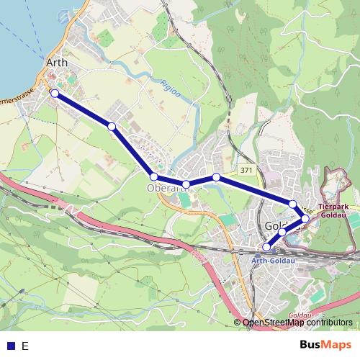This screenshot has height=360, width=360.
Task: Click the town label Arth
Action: pyautogui.click(x=56, y=63)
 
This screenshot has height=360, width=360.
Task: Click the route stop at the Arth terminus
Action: pyautogui.click(x=54, y=93)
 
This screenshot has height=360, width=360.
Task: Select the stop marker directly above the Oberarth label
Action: pyautogui.click(x=154, y=176)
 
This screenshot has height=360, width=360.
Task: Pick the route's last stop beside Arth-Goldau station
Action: pyautogui.click(x=267, y=247)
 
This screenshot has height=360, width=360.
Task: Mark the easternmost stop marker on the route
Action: pyautogui.click(x=305, y=218)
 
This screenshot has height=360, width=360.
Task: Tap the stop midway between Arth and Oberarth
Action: pyautogui.click(x=112, y=126)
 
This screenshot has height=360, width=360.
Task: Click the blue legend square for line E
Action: pyautogui.click(x=9, y=346)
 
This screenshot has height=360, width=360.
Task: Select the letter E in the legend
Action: pyautogui.click(x=25, y=346)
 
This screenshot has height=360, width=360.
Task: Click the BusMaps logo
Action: pyautogui.click(x=320, y=345)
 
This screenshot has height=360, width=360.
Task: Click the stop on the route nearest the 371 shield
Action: pyautogui.click(x=216, y=177)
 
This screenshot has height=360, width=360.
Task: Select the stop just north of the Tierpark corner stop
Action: pyautogui.click(x=293, y=204)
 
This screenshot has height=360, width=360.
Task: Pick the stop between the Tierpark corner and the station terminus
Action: pyautogui.click(x=282, y=233)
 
